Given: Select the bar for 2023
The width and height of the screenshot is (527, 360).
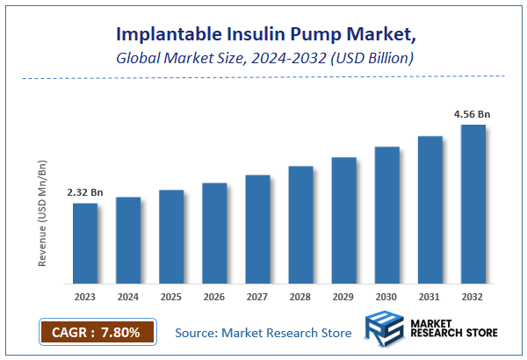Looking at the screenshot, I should (85, 243).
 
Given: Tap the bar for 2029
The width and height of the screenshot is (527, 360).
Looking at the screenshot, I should (343, 220).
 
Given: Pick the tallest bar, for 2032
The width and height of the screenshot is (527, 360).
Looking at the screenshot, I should (473, 204).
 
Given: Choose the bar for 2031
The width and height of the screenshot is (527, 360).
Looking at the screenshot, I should (430, 210).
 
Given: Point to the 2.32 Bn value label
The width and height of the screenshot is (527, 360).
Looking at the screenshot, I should (84, 191).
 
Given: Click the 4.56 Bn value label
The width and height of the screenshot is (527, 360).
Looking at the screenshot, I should (472, 113).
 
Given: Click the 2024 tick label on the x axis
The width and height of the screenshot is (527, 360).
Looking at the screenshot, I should (128, 297).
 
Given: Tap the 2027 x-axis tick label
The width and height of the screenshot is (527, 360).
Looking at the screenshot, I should (257, 297).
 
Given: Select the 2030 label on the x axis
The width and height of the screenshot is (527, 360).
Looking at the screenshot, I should (386, 297).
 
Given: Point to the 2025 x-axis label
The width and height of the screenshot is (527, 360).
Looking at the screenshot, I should (171, 297).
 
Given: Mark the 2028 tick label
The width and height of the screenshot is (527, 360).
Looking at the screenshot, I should (300, 297).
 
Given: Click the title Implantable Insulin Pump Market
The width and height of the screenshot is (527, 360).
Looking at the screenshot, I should (263, 34).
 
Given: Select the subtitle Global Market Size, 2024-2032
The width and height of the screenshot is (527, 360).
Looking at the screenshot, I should (263, 58).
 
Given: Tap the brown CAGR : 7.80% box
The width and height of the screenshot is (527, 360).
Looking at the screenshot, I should (97, 333).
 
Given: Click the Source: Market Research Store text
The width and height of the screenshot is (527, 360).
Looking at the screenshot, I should (263, 333).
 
